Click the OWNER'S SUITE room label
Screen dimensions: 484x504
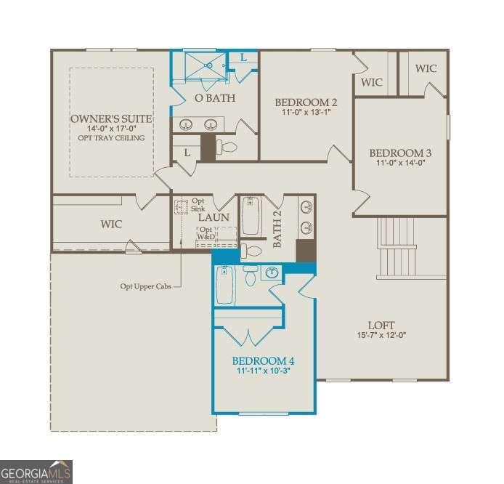click(111, 118)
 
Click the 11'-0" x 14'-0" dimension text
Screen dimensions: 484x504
click(400, 164)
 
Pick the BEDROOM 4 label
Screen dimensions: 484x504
click(263, 360)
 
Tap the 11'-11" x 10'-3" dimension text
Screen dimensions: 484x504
click(263, 371)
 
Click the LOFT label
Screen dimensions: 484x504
click(381, 325)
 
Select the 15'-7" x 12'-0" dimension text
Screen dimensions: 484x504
click(381, 336)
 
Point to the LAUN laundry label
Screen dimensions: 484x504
click(214, 217)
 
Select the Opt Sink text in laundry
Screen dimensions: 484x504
click(198, 204)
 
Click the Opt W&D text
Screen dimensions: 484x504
click(208, 233)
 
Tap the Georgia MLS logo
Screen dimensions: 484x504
click(36, 471)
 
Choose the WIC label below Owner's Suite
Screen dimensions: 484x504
click(111, 224)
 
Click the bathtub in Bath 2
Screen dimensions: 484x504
click(251, 216)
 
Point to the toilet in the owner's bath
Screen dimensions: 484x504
click(228, 148)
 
